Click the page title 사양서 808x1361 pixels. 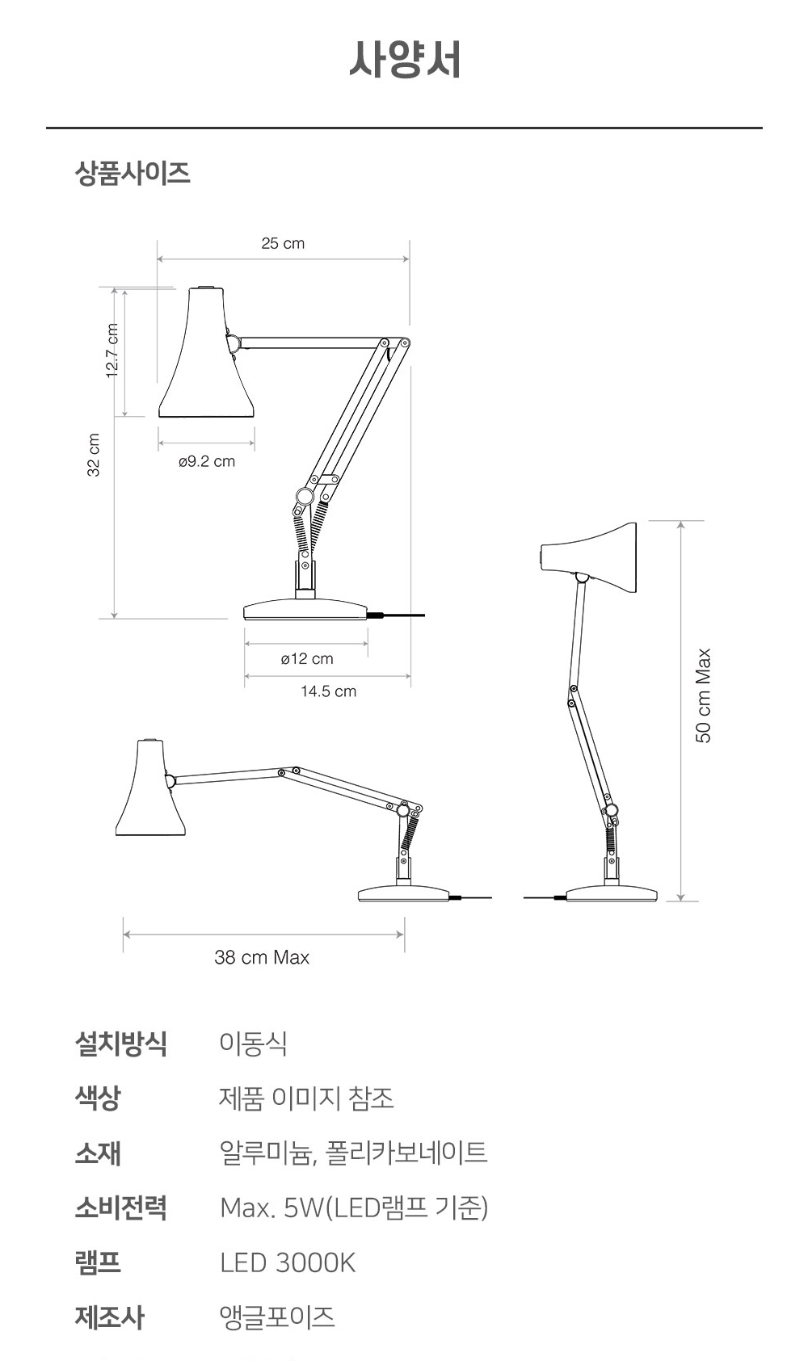point(405,60)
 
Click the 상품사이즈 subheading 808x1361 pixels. point(133,173)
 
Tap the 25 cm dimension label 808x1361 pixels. point(283,243)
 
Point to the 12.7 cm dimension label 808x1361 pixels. point(112,351)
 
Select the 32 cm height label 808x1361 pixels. point(94,455)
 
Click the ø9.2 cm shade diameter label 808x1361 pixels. point(207,461)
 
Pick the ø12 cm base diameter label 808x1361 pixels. point(307,659)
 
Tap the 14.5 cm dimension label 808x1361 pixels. point(328,691)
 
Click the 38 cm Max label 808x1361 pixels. point(262,957)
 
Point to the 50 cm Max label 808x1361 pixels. point(704,695)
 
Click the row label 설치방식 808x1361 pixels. point(120,1044)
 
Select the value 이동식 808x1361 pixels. point(253,1044)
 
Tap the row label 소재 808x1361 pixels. point(98,1153)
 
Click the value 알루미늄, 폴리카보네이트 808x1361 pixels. point(353,1153)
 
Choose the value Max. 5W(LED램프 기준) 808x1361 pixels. point(354,1208)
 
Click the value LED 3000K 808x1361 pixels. point(288,1262)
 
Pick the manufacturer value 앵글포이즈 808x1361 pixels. point(277,1317)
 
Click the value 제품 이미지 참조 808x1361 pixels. point(306,1098)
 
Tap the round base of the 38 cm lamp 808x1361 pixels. point(403,893)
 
